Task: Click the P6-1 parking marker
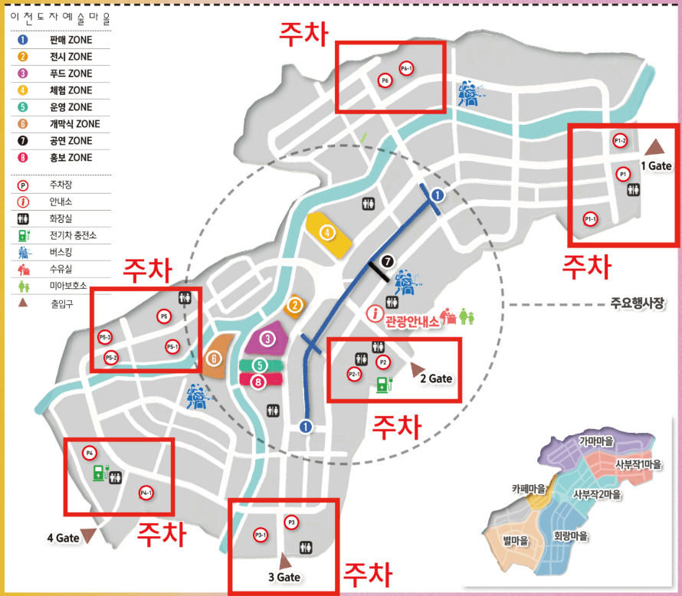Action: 407,68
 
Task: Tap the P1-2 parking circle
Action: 621,141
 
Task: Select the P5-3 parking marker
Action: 105,337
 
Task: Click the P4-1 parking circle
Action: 146,493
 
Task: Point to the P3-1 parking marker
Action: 261,534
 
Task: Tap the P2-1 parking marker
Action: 354,374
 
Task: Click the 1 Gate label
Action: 656,165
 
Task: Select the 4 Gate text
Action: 63,538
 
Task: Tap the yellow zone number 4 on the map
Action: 327,231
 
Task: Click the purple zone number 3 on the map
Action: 267,338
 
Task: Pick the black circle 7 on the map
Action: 387,261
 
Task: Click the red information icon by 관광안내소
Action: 375,313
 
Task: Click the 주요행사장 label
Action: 637,303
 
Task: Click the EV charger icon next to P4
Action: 98,472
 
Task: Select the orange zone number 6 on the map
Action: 214,357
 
